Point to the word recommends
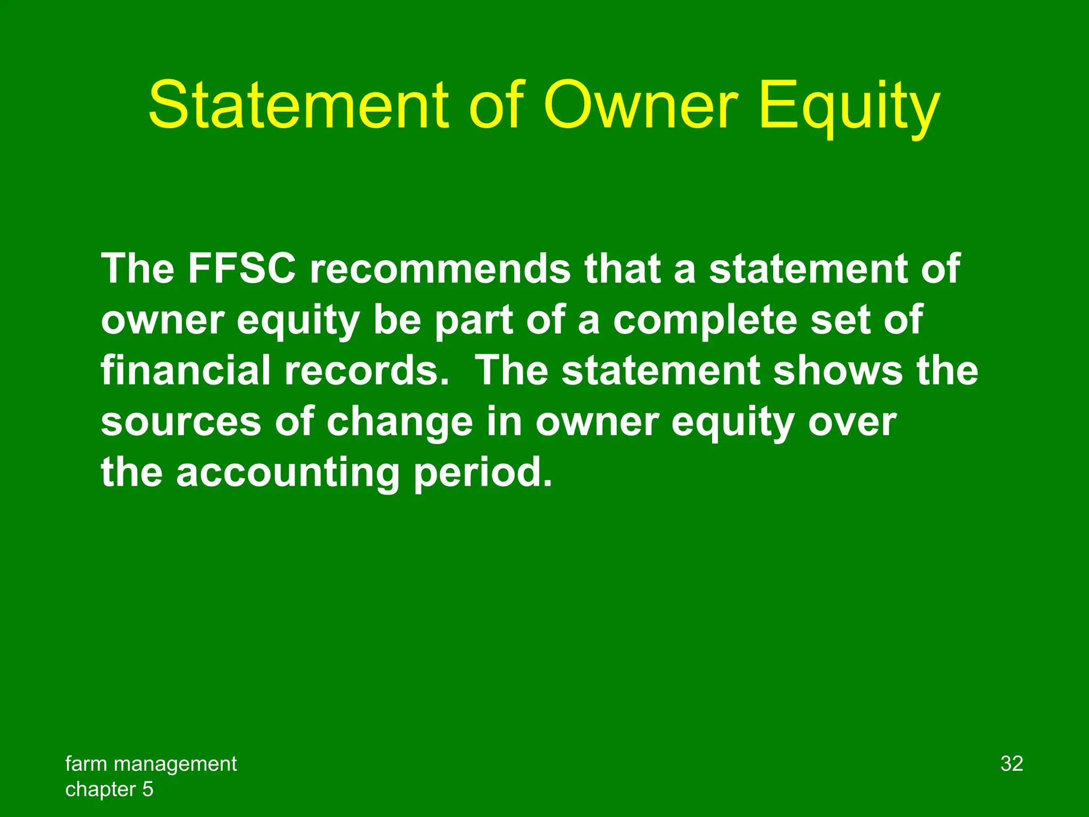point(440,269)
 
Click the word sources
point(181,422)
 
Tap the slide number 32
point(1011,764)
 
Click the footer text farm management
point(151,764)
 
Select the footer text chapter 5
point(109,789)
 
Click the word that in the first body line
point(623,269)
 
